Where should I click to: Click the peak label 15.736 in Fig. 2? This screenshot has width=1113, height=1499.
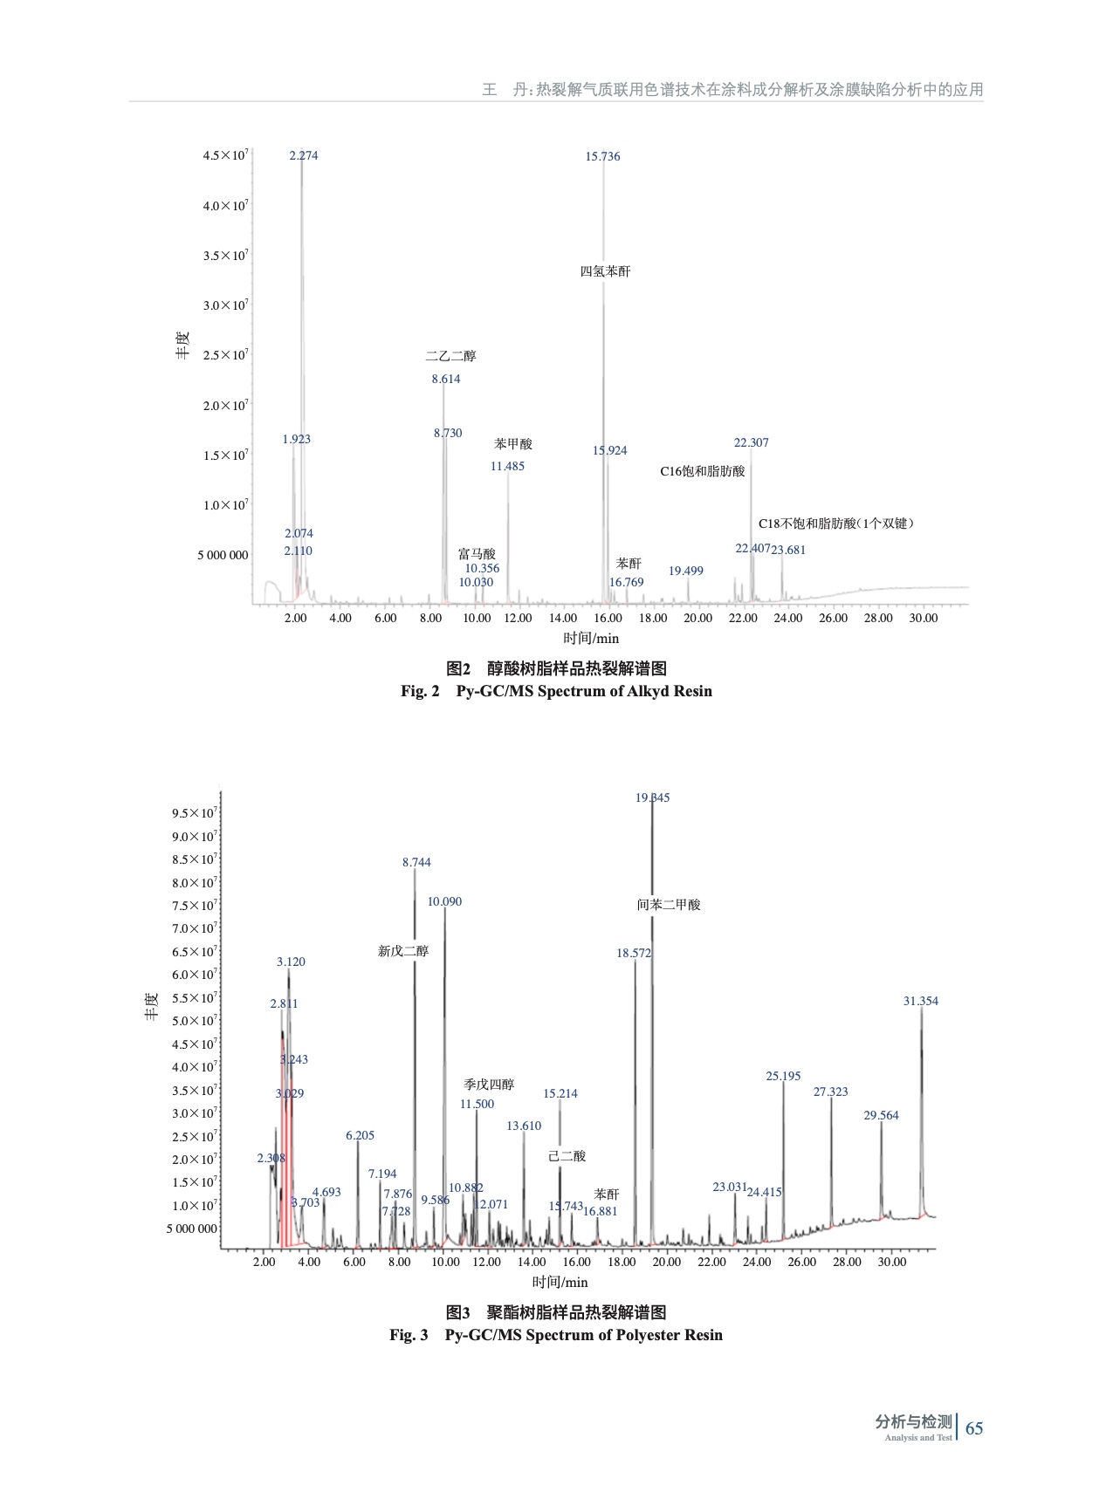click(x=602, y=157)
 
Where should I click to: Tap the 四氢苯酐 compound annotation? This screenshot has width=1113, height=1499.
click(x=605, y=271)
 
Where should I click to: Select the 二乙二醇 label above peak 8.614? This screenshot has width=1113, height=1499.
click(x=450, y=356)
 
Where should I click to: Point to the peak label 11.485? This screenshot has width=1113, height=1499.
click(x=507, y=467)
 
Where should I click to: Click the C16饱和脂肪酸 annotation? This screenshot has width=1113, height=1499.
click(x=702, y=471)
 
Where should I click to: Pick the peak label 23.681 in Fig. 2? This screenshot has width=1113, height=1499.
click(x=788, y=551)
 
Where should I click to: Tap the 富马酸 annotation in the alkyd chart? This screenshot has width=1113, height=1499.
click(x=477, y=554)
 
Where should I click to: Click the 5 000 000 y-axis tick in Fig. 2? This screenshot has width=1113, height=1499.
click(x=223, y=555)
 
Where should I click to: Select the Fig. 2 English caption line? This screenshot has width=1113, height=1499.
click(x=556, y=692)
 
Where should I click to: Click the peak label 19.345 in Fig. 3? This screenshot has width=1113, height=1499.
click(x=652, y=798)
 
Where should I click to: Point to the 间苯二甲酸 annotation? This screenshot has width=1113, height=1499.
click(x=669, y=905)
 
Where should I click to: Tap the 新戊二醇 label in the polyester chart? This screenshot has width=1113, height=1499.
click(x=403, y=951)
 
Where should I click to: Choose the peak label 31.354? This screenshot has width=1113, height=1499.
click(x=920, y=1002)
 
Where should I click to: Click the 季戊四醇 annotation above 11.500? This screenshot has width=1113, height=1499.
click(x=489, y=1085)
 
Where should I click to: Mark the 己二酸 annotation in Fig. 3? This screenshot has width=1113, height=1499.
click(x=567, y=1156)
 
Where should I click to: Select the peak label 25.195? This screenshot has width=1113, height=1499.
click(x=783, y=1077)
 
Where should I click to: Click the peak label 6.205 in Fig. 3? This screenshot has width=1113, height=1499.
click(x=360, y=1136)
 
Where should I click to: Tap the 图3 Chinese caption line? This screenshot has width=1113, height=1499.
click(x=556, y=1312)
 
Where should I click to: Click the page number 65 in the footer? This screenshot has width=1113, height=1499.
click(x=974, y=1428)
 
